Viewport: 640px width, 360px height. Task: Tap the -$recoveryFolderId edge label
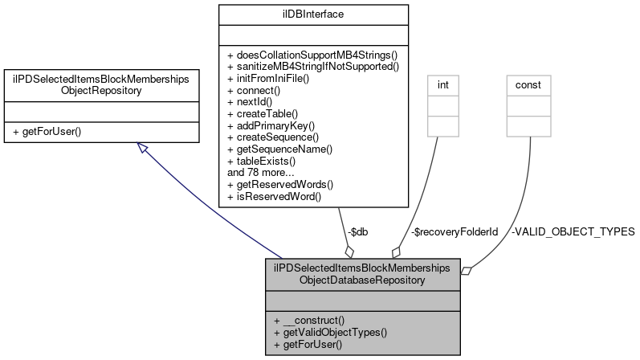[454, 231]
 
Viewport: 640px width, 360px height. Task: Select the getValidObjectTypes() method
[330, 331]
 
